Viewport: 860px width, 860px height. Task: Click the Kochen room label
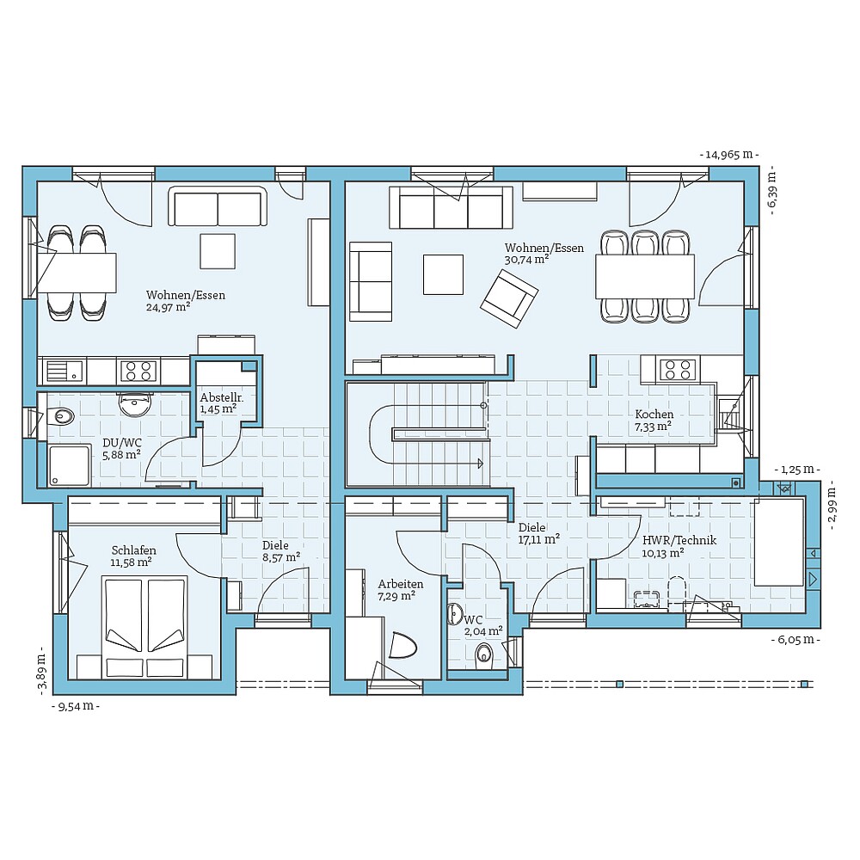coord(654,414)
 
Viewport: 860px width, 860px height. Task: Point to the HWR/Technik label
coord(679,540)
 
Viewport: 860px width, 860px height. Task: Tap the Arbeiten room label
coord(400,583)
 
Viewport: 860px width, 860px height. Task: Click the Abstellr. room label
coord(222,397)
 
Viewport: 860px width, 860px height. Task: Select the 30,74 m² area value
coord(527,259)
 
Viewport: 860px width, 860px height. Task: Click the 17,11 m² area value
coord(539,539)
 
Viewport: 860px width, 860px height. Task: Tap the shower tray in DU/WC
coord(68,465)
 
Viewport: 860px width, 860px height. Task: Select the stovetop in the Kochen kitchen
coord(677,370)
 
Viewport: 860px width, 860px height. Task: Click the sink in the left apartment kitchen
coord(64,372)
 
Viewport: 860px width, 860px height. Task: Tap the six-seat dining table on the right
coord(645,275)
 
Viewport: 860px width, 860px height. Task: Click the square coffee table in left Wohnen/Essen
coord(218,251)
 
